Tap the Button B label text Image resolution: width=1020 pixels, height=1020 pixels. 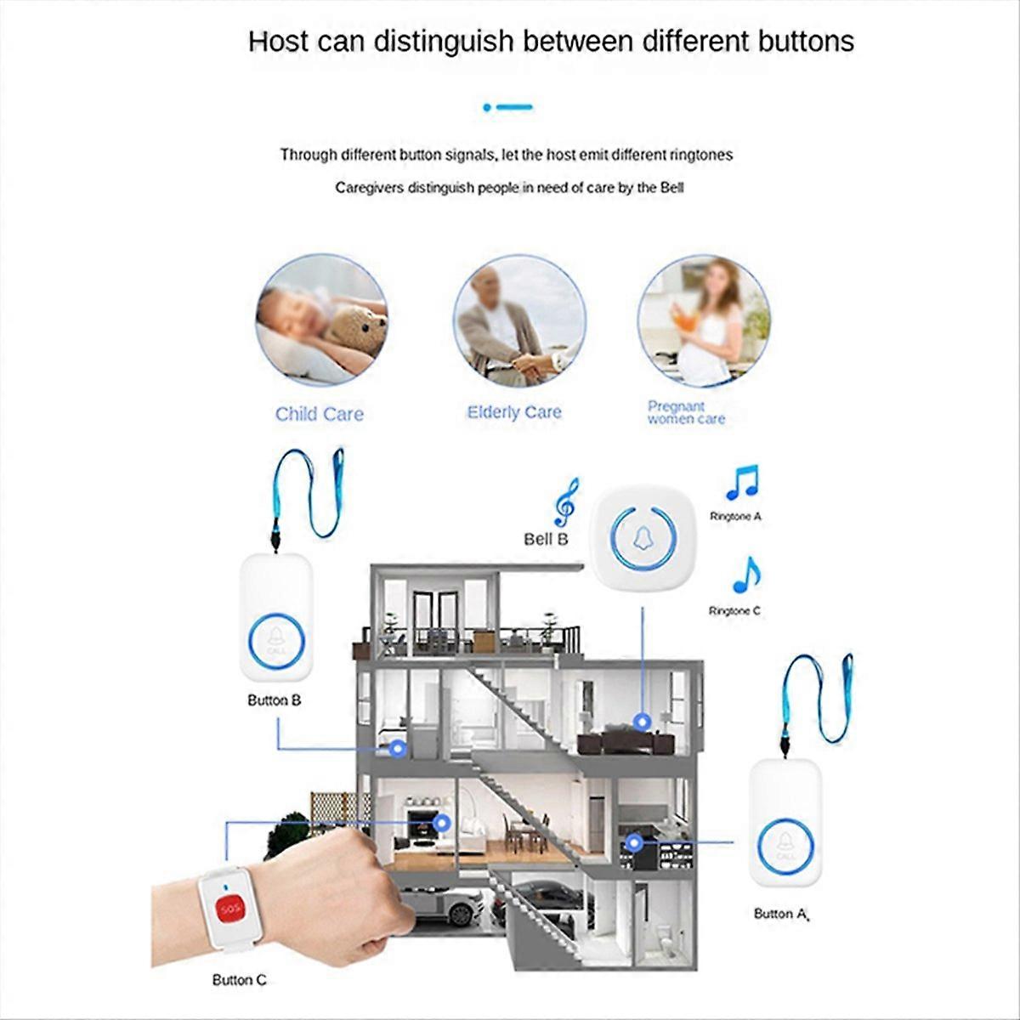pos(274,700)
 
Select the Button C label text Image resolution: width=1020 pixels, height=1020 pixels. pos(239,980)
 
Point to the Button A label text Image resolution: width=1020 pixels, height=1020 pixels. pos(779,914)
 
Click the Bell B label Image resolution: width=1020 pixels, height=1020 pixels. pos(545,539)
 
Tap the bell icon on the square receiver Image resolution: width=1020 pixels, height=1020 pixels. pos(643,537)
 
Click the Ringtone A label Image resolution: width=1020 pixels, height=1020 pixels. pos(735,516)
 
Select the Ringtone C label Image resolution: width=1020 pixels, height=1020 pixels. pos(734,611)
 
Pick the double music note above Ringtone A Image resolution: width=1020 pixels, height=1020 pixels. pos(742,483)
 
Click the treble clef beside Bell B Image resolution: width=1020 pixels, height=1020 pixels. pos(565,501)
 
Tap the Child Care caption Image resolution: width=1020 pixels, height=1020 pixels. pos(319,414)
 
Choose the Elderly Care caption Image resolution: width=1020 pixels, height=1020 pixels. pos(514,412)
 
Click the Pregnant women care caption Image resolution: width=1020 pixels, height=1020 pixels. pos(685,412)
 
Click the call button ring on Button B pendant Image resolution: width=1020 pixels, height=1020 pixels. pos(275,639)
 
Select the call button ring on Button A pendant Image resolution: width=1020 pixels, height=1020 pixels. pos(785,844)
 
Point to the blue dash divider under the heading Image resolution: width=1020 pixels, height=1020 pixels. pos(508,107)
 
